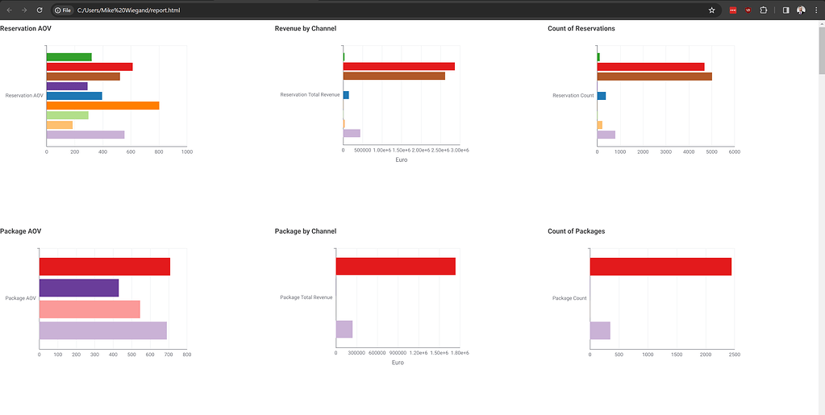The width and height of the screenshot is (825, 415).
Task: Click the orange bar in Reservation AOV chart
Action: tap(102, 106)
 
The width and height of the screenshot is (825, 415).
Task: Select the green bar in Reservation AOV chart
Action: tap(69, 57)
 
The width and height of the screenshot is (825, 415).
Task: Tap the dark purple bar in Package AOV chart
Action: tap(79, 288)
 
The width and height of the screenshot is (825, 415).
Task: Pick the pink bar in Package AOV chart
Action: tap(90, 309)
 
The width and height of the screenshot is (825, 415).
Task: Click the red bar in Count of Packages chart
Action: tap(660, 267)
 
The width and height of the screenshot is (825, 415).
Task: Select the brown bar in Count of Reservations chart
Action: tap(654, 77)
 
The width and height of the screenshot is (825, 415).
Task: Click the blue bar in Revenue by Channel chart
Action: tap(346, 95)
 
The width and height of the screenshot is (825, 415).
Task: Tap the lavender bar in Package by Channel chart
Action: tap(344, 329)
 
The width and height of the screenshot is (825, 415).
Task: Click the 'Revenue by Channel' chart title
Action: tap(305, 29)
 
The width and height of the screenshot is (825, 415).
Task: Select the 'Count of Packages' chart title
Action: tap(576, 231)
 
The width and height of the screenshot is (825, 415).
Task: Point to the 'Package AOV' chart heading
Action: tap(20, 231)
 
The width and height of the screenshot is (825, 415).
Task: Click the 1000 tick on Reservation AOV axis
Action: tap(186, 151)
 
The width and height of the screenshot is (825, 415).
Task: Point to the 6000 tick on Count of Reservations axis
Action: tap(734, 151)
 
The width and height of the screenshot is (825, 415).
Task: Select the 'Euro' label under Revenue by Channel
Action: tap(401, 160)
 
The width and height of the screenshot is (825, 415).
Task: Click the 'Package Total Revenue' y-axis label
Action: tap(306, 297)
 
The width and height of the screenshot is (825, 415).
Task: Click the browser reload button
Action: tap(40, 10)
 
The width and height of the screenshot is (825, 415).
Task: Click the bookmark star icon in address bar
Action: tap(711, 10)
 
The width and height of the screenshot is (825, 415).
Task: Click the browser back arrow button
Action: tap(8, 10)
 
